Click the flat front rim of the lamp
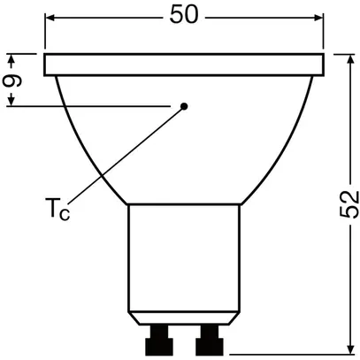(185, 65)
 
